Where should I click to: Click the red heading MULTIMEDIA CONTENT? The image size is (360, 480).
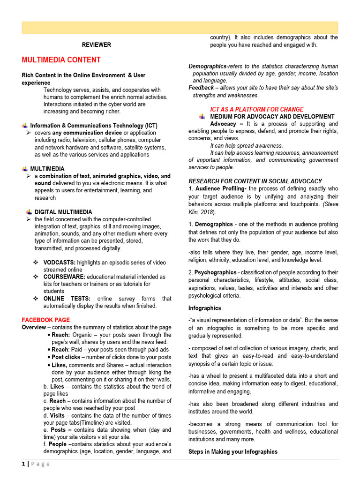(x=61, y=60)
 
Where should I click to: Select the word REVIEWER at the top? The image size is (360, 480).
(x=97, y=45)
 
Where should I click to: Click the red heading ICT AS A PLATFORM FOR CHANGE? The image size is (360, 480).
(x=257, y=109)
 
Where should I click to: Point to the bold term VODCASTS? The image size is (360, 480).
(x=60, y=262)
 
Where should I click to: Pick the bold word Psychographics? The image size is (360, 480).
(x=215, y=272)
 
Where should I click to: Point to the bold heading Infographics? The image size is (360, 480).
(x=205, y=308)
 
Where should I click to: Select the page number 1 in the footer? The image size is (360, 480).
(x=23, y=464)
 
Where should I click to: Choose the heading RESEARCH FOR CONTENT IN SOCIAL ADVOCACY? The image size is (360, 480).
(x=255, y=181)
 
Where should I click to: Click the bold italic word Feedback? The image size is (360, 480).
(x=201, y=88)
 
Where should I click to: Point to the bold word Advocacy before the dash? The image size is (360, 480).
(x=223, y=124)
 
